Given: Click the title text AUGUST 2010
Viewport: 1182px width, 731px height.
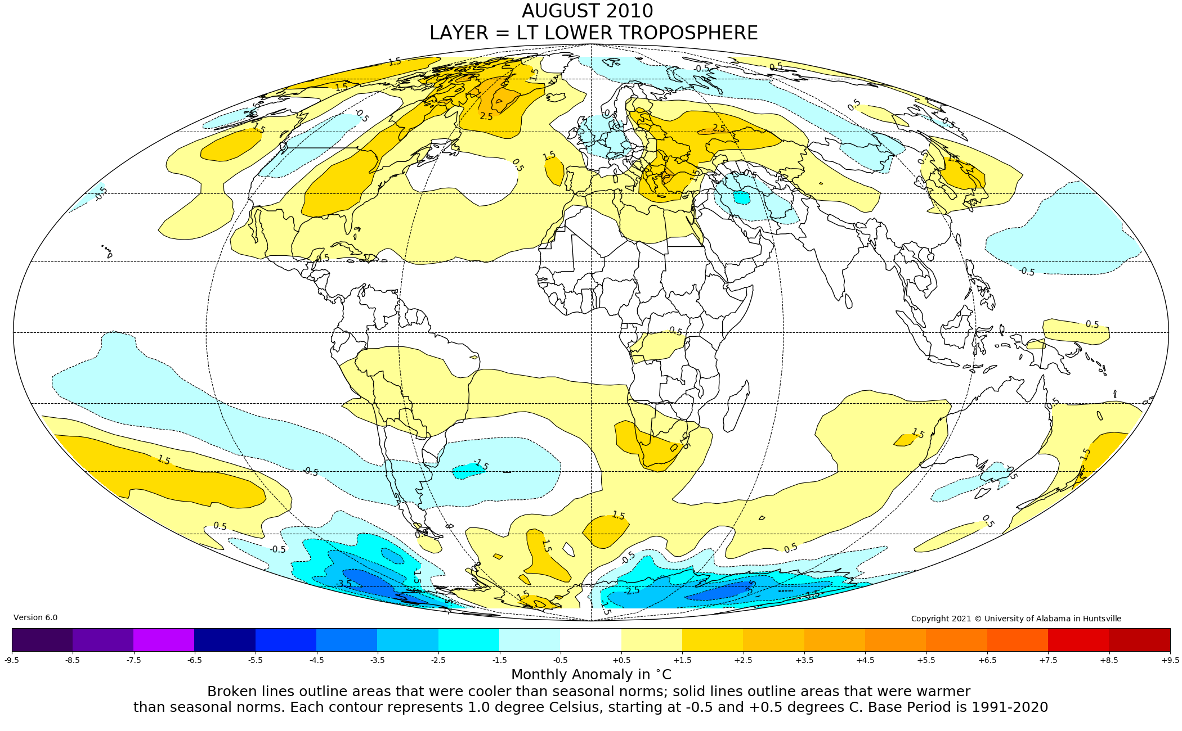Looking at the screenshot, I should pyautogui.click(x=587, y=11).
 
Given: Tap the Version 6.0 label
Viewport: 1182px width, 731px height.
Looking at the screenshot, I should pyautogui.click(x=35, y=617).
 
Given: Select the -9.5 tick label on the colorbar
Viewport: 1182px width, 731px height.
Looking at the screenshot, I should pyautogui.click(x=12, y=660).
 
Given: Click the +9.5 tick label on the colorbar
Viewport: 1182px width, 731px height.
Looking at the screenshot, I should pyautogui.click(x=1170, y=660).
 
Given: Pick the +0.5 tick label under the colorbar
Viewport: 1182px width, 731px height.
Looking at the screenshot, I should pyautogui.click(x=621, y=660).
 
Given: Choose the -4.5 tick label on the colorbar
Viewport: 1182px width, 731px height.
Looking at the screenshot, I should pyautogui.click(x=316, y=660).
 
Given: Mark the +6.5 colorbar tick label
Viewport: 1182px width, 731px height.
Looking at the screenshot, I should pyautogui.click(x=987, y=660).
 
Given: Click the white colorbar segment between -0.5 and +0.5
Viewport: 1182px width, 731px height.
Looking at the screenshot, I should pyautogui.click(x=590, y=639).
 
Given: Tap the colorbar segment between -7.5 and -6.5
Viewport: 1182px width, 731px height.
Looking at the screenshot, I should pyautogui.click(x=164, y=639).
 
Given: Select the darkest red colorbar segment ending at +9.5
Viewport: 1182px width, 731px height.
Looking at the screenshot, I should pyautogui.click(x=1139, y=639).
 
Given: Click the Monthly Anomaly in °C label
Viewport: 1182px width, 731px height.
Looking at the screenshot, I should pyautogui.click(x=591, y=674).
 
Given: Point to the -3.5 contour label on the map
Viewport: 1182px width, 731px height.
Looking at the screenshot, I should pyautogui.click(x=343, y=584).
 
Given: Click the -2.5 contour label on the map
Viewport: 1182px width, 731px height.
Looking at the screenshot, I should pyautogui.click(x=632, y=590).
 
